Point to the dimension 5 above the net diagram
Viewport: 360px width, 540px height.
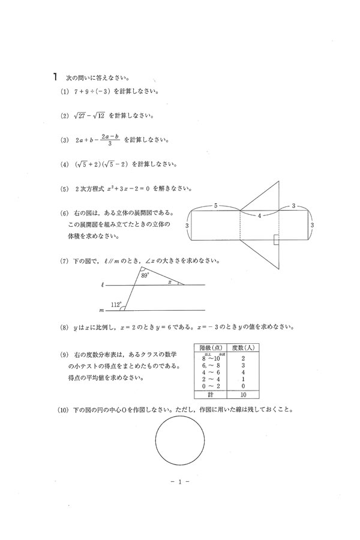[215, 205]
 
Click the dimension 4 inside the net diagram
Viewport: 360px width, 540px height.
[259, 215]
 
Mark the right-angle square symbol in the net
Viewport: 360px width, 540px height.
[275, 241]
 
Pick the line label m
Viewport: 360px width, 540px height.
[103, 311]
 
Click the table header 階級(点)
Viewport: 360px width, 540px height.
[209, 347]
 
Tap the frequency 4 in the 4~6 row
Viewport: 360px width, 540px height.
[242, 371]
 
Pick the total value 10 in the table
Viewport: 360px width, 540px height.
[242, 395]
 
